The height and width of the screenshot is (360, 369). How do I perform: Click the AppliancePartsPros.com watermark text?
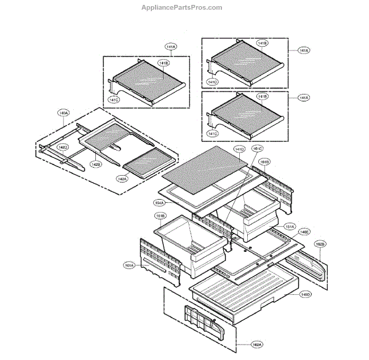(181, 7)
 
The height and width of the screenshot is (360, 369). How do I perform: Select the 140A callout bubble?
(63, 113)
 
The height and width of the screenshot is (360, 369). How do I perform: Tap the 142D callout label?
(63, 147)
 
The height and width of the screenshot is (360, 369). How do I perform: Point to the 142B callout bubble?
(96, 165)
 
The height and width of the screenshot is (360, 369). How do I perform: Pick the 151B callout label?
(159, 216)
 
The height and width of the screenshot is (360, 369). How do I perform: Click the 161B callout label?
(263, 162)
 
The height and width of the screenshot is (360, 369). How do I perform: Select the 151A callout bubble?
(289, 227)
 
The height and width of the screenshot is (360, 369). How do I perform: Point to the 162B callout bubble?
(320, 244)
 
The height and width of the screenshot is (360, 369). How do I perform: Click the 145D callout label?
(305, 295)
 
